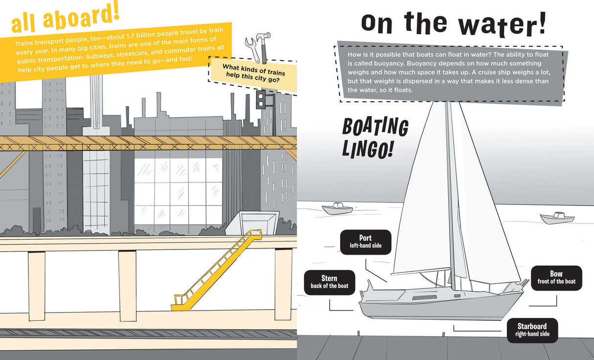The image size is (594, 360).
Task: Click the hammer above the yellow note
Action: [264, 46]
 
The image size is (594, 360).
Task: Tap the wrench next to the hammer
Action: [252, 49]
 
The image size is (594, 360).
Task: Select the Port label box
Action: [366, 242]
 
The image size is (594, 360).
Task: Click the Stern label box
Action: [329, 282]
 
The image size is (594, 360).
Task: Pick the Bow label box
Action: [556, 278]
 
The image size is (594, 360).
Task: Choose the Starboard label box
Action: [532, 330]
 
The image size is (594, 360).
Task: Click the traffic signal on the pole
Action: [261, 99]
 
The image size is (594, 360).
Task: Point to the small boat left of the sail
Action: [337, 209]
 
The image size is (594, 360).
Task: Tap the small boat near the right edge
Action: [557, 218]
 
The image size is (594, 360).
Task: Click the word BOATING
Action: [375, 127]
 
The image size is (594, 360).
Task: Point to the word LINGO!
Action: [367, 149]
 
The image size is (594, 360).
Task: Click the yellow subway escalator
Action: [216, 270]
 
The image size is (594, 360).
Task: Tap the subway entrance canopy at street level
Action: [252, 222]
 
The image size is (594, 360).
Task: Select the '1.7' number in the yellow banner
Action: [131, 36]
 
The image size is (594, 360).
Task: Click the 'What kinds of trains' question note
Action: [254, 73]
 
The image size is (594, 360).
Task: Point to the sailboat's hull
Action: [441, 305]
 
